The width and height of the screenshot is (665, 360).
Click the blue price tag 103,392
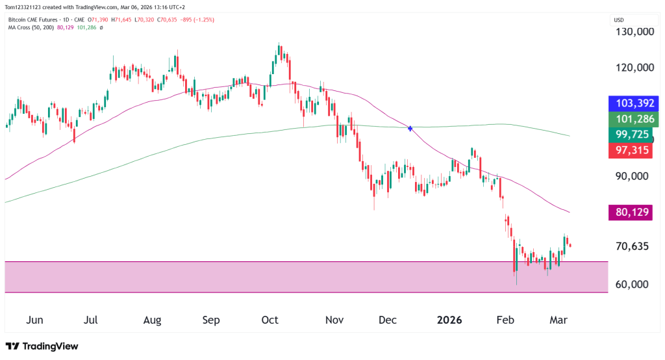(x=633, y=103)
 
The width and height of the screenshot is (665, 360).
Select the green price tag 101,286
(x=633, y=119)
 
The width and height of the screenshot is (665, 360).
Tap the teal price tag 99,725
(x=633, y=135)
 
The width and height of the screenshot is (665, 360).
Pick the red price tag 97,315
(x=633, y=151)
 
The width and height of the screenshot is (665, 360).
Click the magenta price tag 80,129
(x=633, y=212)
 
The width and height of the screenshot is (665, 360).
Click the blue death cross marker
(x=410, y=129)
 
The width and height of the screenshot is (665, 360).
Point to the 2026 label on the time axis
(x=449, y=320)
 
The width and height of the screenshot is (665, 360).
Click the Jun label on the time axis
(x=34, y=320)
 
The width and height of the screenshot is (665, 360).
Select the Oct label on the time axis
(x=270, y=320)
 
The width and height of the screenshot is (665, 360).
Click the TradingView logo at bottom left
(x=42, y=346)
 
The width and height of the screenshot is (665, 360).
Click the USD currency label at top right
(x=619, y=20)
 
